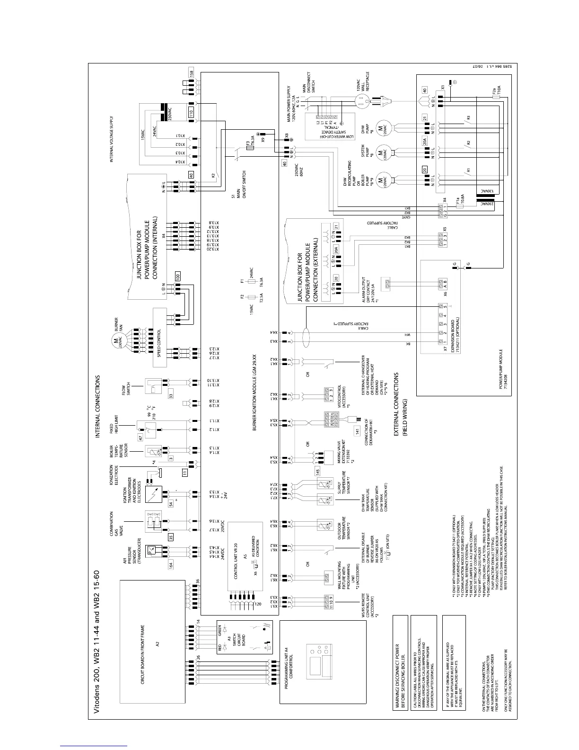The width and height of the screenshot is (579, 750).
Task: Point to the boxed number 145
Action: click(318, 471)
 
